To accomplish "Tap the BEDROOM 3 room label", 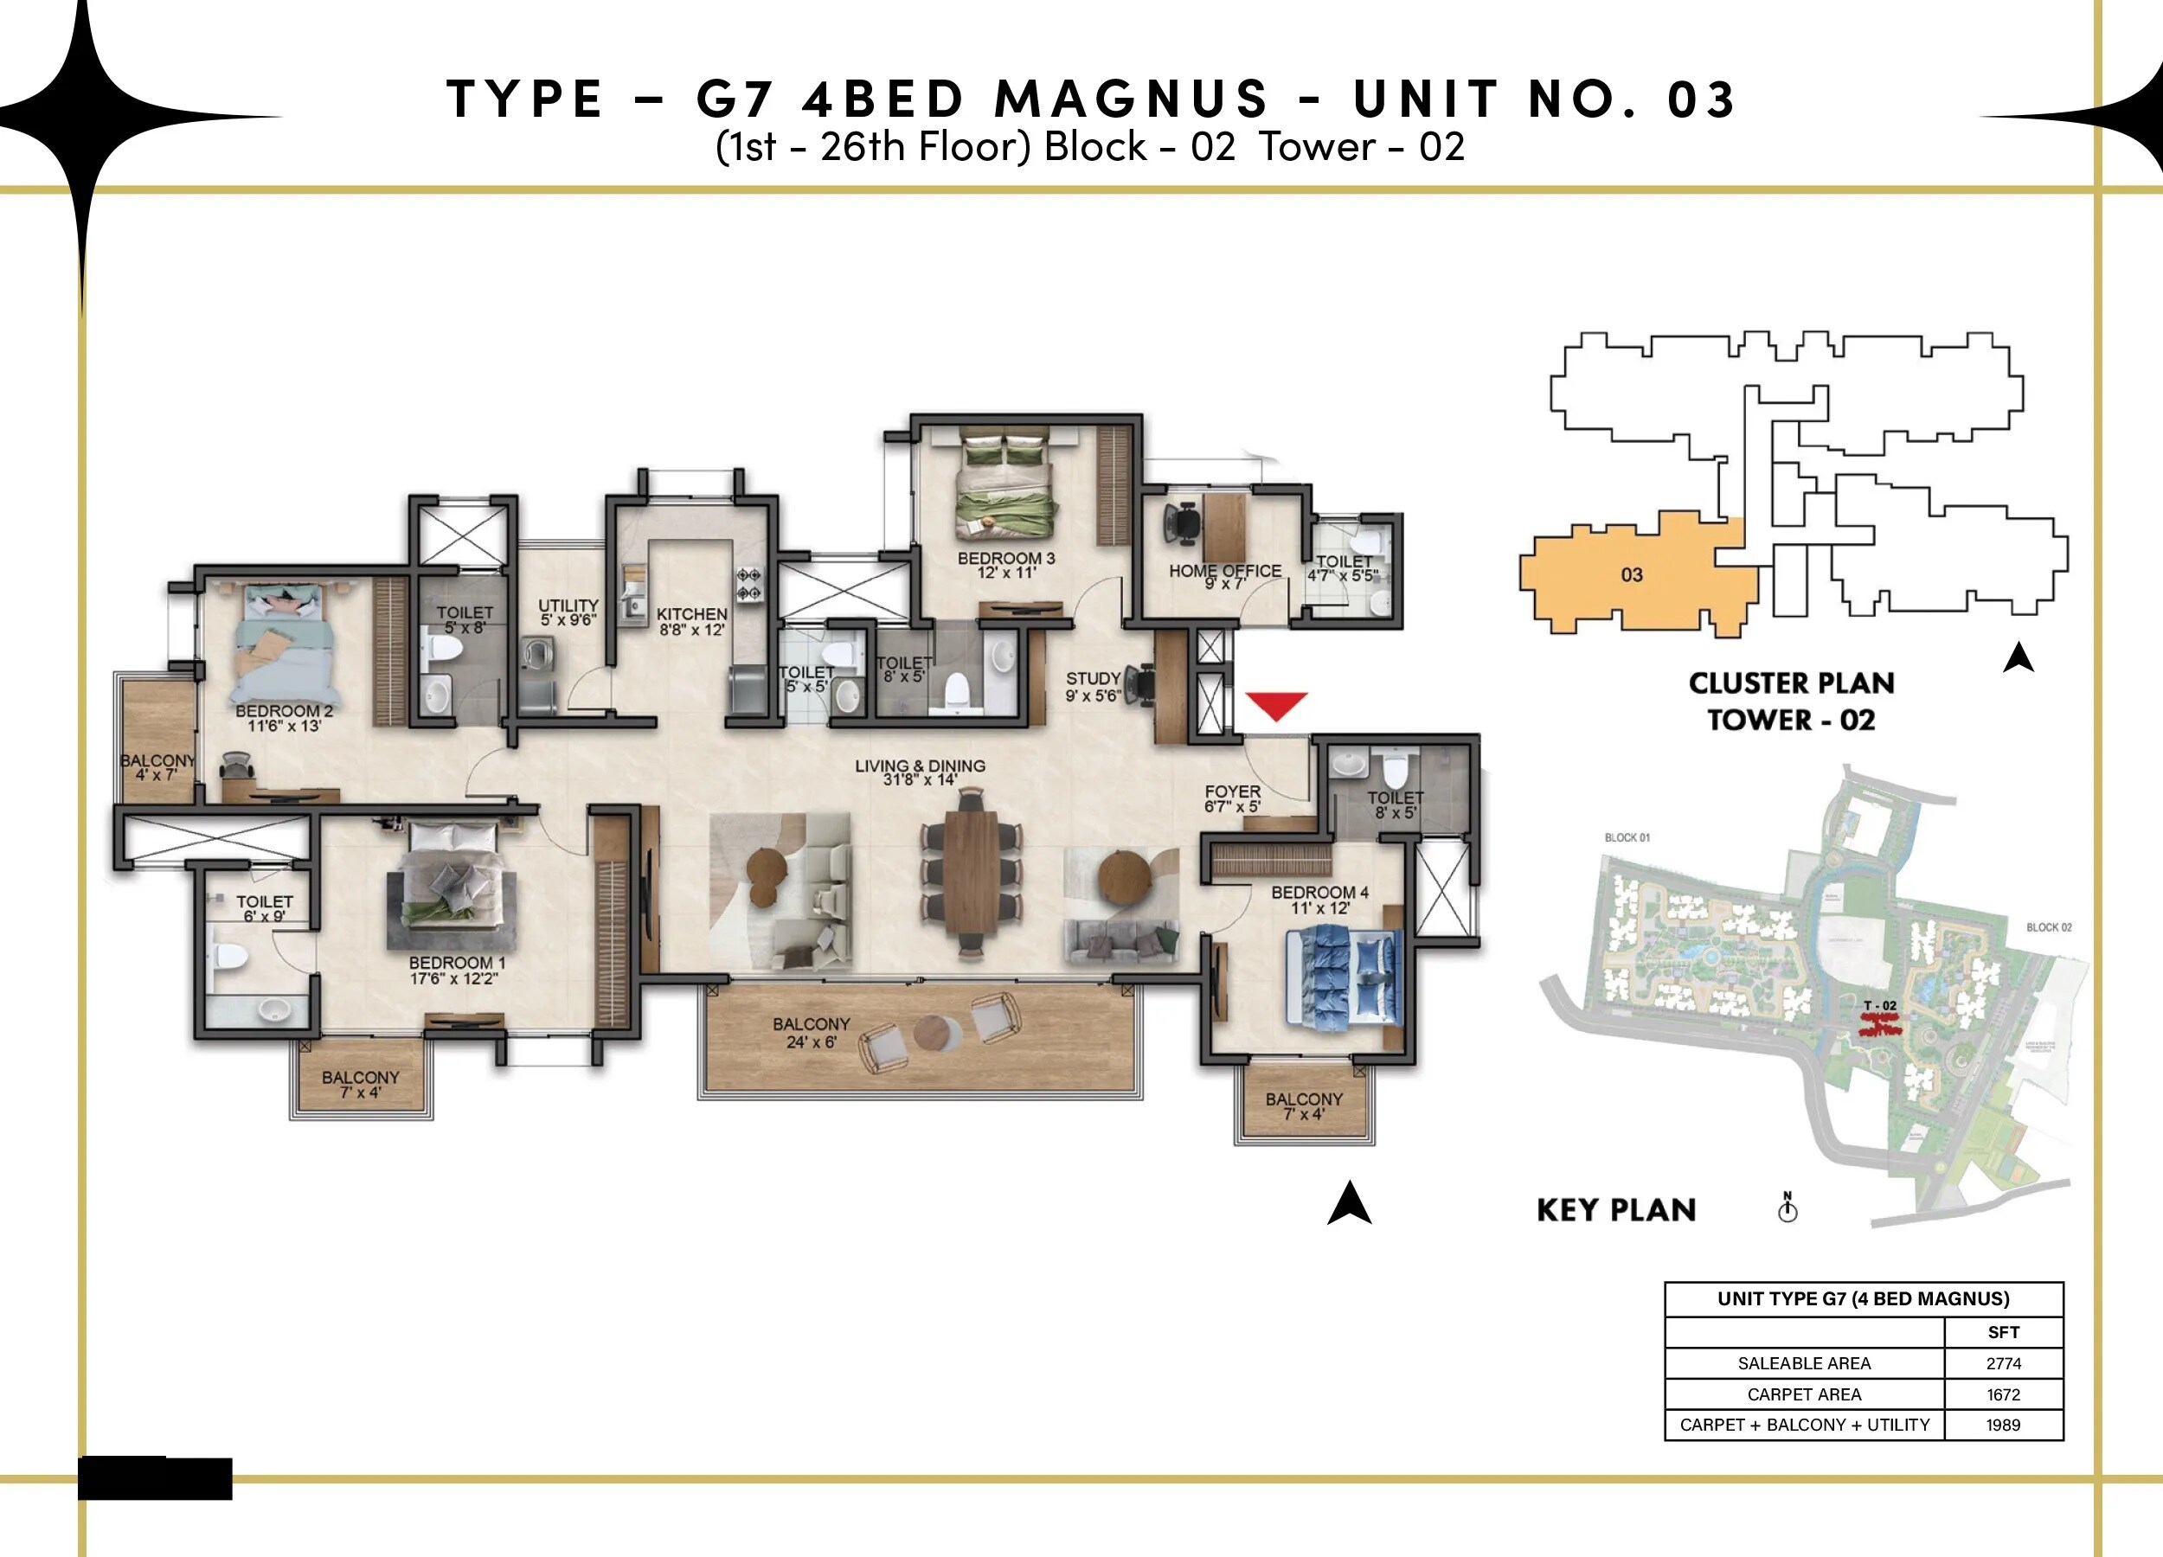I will pyautogui.click(x=1006, y=566).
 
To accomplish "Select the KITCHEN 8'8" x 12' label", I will pyautogui.click(x=691, y=622).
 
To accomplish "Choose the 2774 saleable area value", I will pyautogui.click(x=2003, y=1363).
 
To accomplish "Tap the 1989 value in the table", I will pyautogui.click(x=2003, y=1425).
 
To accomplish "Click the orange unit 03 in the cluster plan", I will pyautogui.click(x=1632, y=575).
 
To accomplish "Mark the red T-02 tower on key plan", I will pyautogui.click(x=1881, y=1026).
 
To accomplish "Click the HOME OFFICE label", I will pyautogui.click(x=1224, y=576).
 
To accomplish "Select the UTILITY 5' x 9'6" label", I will pyautogui.click(x=568, y=612).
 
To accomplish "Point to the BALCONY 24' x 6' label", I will pyautogui.click(x=811, y=1033).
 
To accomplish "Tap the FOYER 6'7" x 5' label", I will pyautogui.click(x=1232, y=798).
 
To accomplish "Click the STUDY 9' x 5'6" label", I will pyautogui.click(x=1093, y=687).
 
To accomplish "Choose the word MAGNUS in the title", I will pyautogui.click(x=1132, y=99).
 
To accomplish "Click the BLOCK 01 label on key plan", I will pyautogui.click(x=1627, y=837).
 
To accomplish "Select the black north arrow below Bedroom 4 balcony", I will pyautogui.click(x=1349, y=1203).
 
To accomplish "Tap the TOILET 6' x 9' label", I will pyautogui.click(x=264, y=907).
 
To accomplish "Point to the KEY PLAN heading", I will pyautogui.click(x=1616, y=1210).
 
